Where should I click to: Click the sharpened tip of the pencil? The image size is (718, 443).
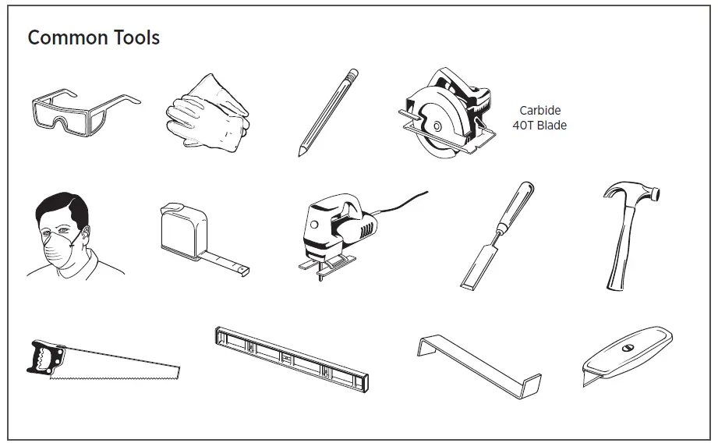300,154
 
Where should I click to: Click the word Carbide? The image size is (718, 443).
539,111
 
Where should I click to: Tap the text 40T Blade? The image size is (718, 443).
539,125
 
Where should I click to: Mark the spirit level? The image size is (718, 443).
291,358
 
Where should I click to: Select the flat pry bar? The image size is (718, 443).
479,367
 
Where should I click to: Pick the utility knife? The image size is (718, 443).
628,356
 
